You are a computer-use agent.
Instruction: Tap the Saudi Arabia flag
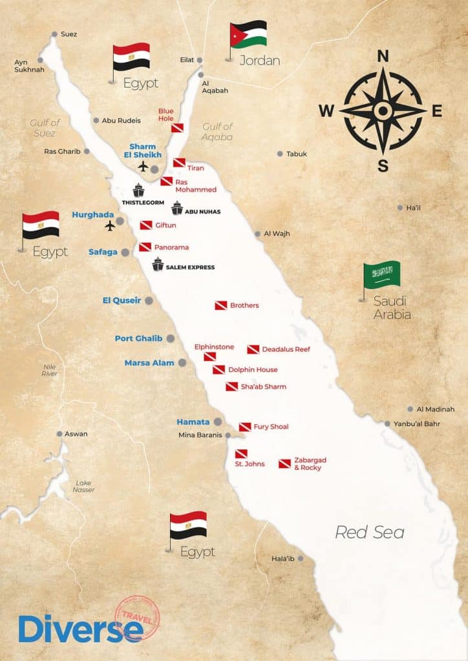tap(382, 275)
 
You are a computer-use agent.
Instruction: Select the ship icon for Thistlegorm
tap(138, 190)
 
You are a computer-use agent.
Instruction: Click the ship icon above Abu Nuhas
tap(177, 208)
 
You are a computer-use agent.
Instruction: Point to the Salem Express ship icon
tap(158, 264)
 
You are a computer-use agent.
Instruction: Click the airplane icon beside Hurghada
tap(111, 226)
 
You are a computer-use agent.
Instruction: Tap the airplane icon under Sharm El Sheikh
tap(144, 167)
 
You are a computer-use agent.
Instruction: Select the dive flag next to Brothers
tap(221, 305)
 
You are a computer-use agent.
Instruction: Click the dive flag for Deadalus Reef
tap(253, 349)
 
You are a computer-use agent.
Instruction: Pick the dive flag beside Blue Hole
tap(177, 128)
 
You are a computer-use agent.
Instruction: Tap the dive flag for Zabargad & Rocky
tap(284, 463)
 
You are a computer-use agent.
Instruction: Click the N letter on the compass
tap(383, 56)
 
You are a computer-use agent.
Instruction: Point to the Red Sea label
tap(369, 532)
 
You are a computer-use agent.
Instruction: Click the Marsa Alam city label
tap(149, 363)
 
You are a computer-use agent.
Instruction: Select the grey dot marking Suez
tap(55, 34)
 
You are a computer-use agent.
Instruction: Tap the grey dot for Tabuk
tap(280, 154)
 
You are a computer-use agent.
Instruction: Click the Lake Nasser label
tap(84, 486)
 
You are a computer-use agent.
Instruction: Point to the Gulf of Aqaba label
tap(217, 132)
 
